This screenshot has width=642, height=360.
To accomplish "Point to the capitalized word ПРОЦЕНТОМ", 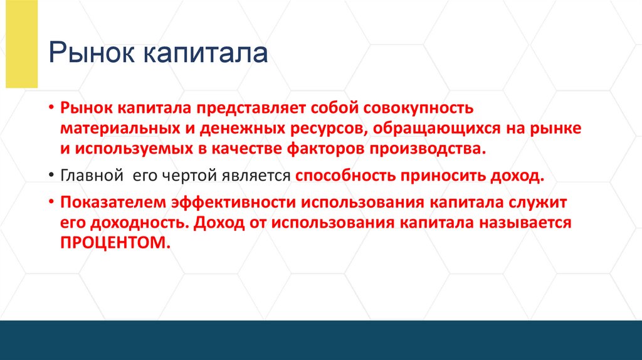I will click(x=115, y=244).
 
